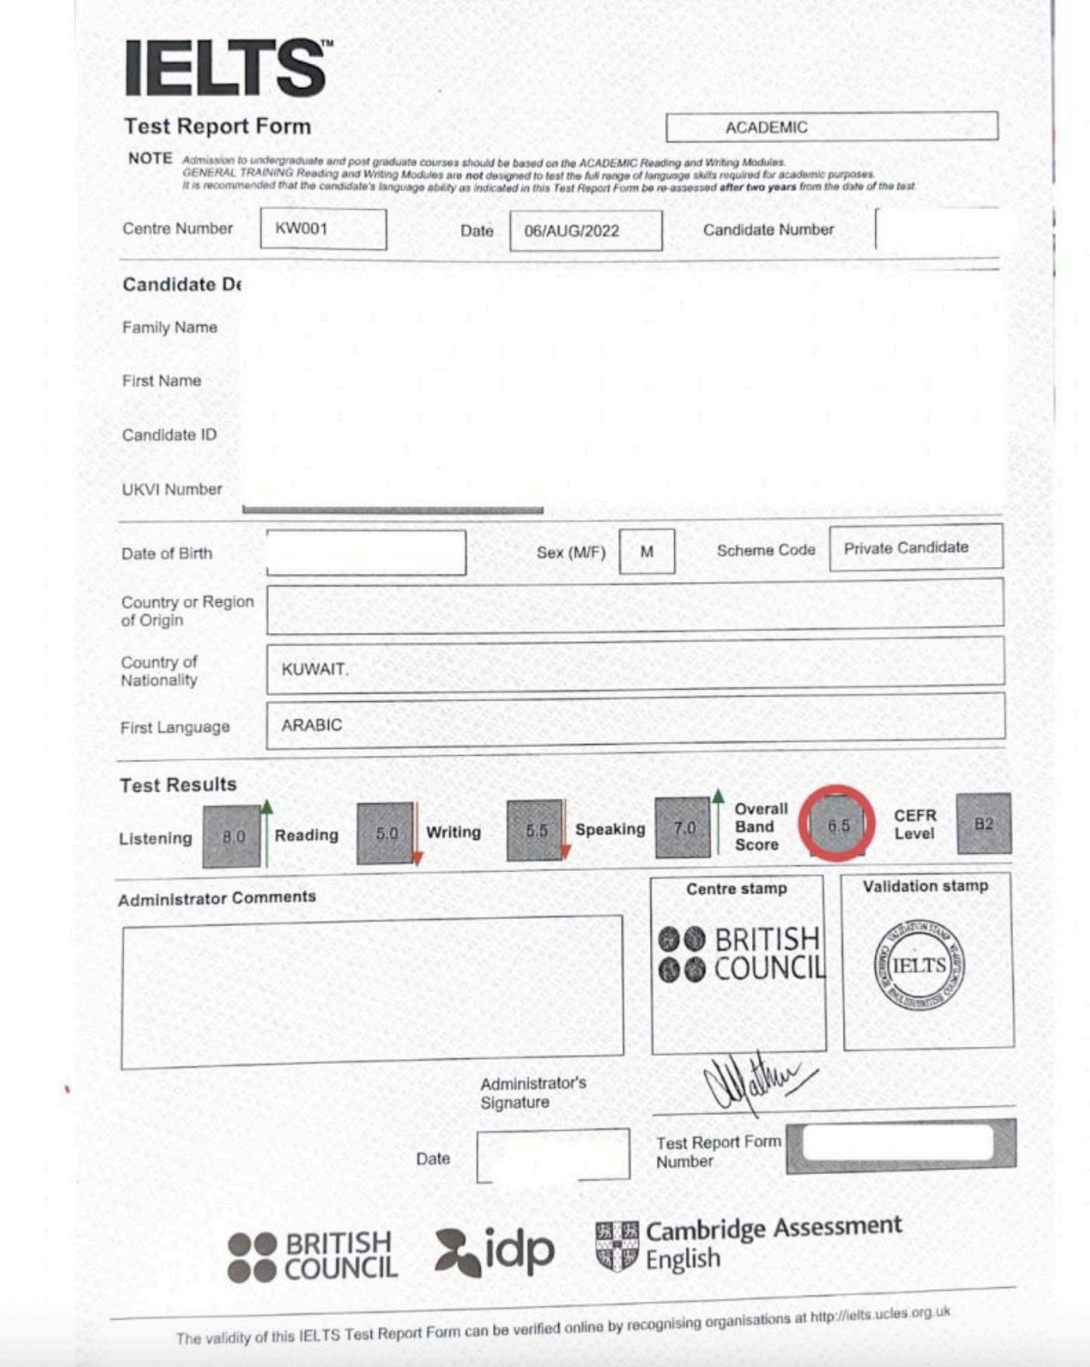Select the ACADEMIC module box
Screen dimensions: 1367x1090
pyautogui.click(x=831, y=127)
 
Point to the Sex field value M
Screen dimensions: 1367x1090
pyautogui.click(x=647, y=551)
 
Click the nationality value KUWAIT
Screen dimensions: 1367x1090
pyautogui.click(x=315, y=669)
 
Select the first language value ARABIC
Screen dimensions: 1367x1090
pyautogui.click(x=312, y=725)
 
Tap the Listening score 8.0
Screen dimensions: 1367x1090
pyautogui.click(x=232, y=837)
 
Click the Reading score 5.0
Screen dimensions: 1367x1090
pyautogui.click(x=385, y=834)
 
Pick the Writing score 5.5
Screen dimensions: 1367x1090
pyautogui.click(x=535, y=830)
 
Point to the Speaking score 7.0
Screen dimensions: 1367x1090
pyautogui.click(x=683, y=828)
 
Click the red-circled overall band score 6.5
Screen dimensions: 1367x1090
pyautogui.click(x=837, y=825)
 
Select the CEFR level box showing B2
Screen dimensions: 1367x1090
pyautogui.click(x=983, y=823)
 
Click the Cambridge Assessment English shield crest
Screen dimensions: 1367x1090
pyautogui.click(x=617, y=1246)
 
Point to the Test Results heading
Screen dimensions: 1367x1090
pyautogui.click(x=178, y=785)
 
